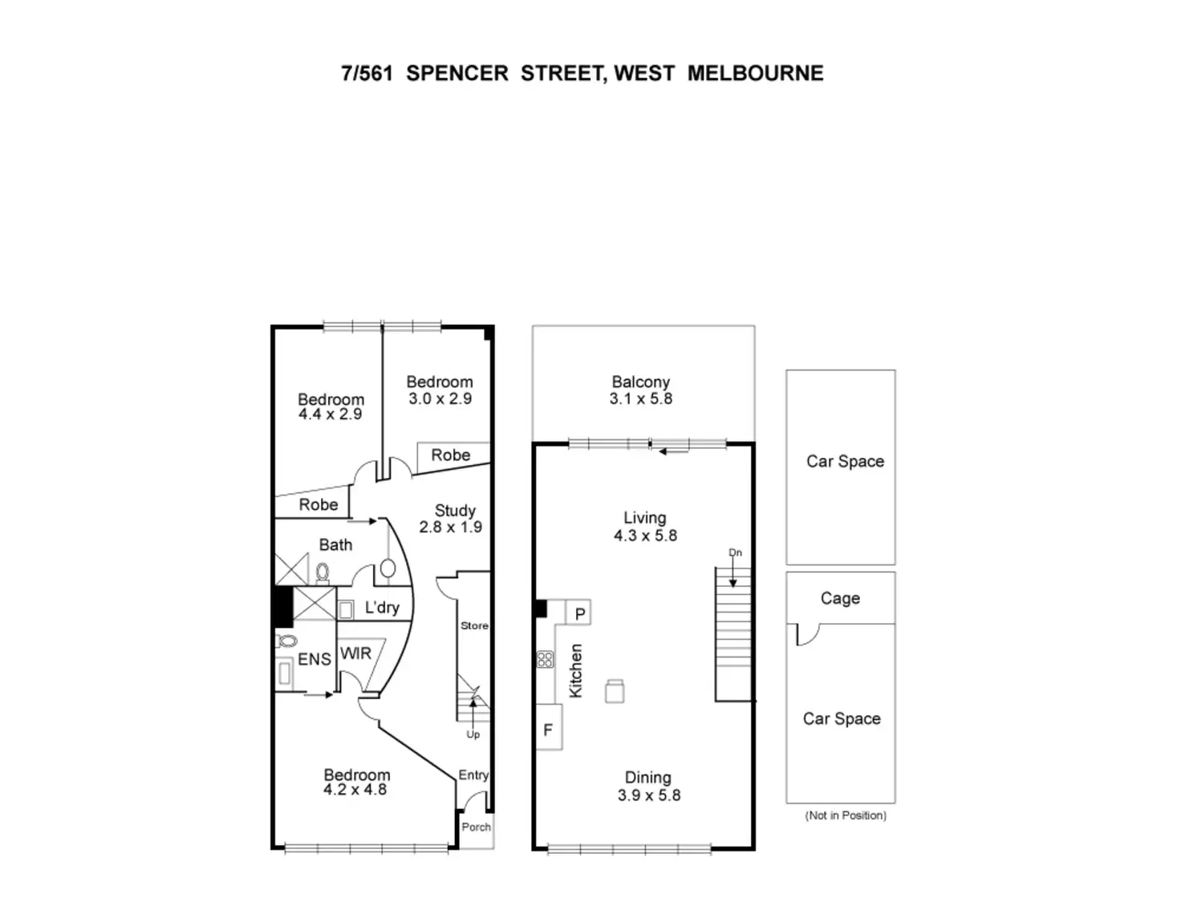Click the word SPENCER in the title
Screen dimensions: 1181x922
point(457,73)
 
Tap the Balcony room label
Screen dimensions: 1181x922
point(640,390)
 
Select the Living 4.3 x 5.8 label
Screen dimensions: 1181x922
point(645,527)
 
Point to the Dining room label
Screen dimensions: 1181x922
point(648,786)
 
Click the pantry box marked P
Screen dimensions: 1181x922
point(580,614)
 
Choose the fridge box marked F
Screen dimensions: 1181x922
point(548,730)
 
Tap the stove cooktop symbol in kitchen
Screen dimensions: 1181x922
point(546,660)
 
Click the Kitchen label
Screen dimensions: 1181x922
point(575,670)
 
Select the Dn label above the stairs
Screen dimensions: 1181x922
point(735,552)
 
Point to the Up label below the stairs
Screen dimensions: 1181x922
point(473,734)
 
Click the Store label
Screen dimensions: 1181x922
point(474,625)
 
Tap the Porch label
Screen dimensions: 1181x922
point(476,827)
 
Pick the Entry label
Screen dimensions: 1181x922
point(473,774)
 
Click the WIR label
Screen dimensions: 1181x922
point(355,653)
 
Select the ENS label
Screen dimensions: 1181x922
point(314,659)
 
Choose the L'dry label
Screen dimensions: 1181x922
point(382,607)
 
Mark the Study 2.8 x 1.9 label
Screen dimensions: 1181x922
point(451,518)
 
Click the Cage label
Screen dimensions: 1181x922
point(840,598)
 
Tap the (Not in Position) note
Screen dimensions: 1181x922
point(846,815)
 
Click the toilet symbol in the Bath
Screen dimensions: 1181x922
point(323,572)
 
